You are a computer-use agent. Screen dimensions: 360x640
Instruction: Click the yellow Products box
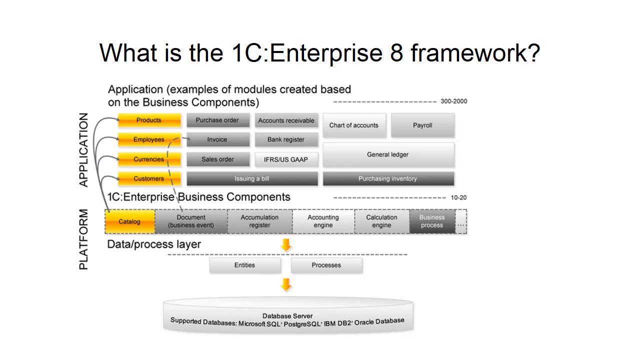[x=149, y=120]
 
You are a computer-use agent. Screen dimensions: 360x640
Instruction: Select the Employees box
[x=149, y=139]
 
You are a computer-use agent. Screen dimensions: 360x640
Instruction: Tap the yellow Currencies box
[x=149, y=159]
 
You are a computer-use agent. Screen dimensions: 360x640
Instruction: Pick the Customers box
[x=149, y=178]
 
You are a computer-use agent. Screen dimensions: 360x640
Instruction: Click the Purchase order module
[x=217, y=120]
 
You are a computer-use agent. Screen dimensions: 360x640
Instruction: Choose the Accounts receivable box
[x=286, y=120]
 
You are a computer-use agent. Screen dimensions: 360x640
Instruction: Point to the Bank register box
[x=286, y=139]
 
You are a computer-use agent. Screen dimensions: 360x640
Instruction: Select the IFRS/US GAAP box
[x=286, y=159]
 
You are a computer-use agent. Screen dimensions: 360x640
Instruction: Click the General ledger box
[x=388, y=154]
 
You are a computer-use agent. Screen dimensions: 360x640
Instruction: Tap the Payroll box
[x=422, y=125]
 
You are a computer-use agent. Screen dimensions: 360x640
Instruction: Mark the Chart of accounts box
[x=354, y=125]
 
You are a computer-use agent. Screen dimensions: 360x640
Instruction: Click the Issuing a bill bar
[x=252, y=178]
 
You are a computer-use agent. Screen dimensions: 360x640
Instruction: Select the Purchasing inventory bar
[x=388, y=178]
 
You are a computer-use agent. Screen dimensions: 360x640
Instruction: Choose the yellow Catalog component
[x=129, y=221]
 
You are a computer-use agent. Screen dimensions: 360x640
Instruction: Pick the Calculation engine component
[x=381, y=221]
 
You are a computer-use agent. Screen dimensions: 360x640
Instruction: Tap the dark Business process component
[x=432, y=221]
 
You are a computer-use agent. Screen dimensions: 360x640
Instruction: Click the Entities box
[x=244, y=265]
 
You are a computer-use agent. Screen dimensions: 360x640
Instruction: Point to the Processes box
[x=326, y=265]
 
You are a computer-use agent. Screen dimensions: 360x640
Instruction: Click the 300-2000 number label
[x=453, y=101]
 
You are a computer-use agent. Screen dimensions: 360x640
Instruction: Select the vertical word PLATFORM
[x=83, y=239]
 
